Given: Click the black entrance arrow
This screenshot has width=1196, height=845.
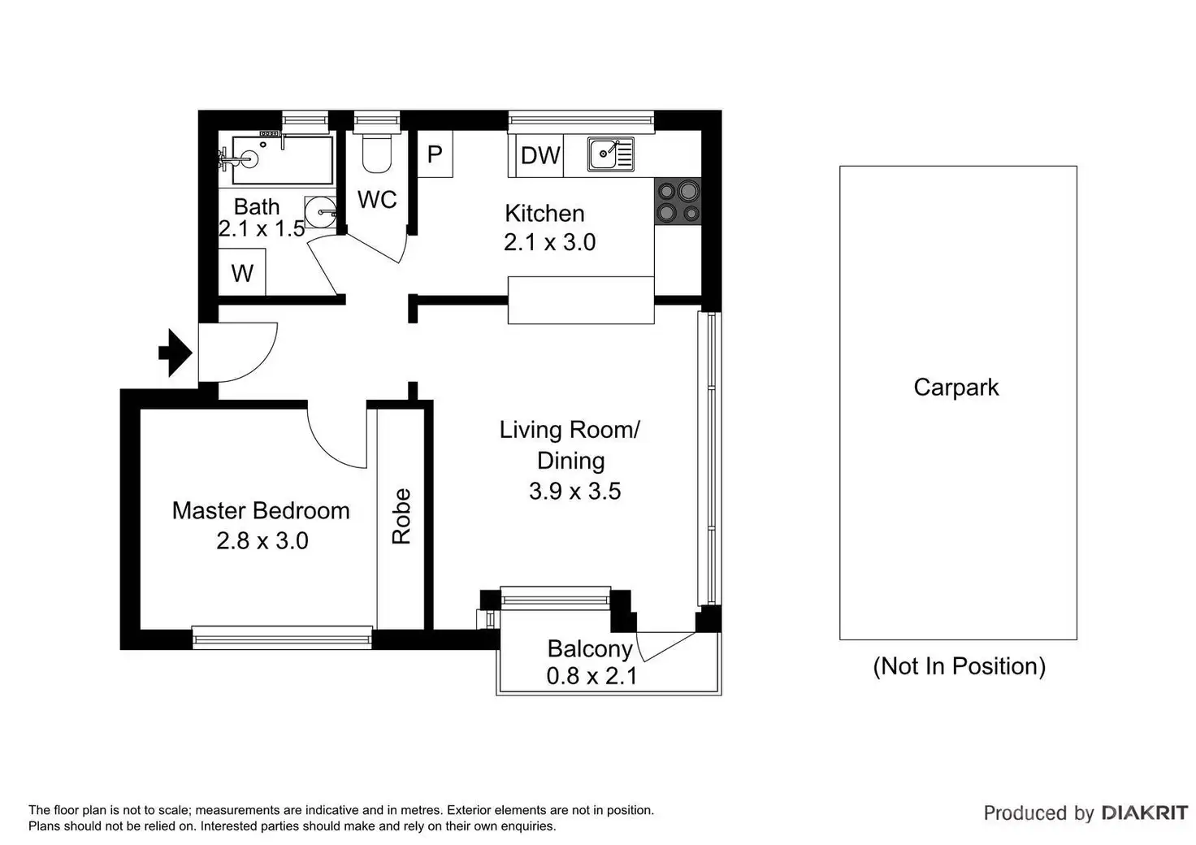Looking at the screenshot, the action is pos(175,353).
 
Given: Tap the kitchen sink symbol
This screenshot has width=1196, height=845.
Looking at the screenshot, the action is pos(610,154).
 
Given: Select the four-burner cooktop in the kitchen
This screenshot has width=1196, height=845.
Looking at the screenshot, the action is pos(678,201).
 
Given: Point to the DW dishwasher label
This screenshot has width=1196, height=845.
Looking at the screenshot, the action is pos(540,156).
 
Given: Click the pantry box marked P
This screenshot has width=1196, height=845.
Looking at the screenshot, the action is pos(435,154).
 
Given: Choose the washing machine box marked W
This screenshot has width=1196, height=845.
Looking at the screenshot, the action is pos(242,271).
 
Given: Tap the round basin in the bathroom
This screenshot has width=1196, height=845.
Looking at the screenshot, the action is pos(321,212).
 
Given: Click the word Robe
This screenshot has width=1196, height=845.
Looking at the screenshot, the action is pos(401,516).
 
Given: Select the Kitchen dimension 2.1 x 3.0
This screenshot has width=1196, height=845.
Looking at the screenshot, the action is pos(549,242).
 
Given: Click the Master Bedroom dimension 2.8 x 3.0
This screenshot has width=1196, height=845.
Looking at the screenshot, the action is pos(262,541).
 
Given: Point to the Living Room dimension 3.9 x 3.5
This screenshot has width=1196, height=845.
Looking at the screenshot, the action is pos(575,491).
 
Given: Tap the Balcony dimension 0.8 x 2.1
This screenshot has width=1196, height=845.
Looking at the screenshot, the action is pos(591,676).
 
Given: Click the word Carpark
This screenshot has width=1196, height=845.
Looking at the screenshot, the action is pos(955,388).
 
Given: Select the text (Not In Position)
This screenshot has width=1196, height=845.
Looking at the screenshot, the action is pos(959,665).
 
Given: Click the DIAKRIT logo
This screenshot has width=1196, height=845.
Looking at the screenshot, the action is pos(1145,813).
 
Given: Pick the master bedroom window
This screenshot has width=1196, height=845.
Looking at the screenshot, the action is pos(282,637).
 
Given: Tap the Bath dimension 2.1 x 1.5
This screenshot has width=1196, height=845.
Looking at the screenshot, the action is pos(262,229).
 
